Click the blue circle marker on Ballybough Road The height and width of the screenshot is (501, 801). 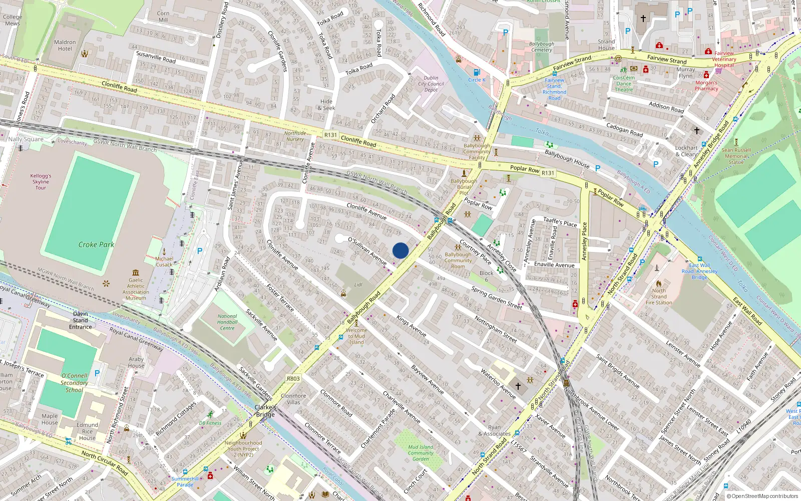[x=400, y=250]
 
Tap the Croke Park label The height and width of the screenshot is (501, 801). [x=96, y=244]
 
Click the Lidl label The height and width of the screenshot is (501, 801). [x=358, y=285]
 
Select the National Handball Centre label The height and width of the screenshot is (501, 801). [x=227, y=322]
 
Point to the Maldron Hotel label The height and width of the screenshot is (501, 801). [x=65, y=45]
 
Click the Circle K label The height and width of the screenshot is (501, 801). [x=477, y=80]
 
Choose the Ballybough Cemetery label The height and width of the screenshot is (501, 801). [x=542, y=47]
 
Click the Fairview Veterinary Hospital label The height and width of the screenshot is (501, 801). [x=724, y=59]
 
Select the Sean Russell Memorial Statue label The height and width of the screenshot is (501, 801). [x=736, y=156]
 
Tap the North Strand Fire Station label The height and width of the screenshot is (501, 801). [x=659, y=297]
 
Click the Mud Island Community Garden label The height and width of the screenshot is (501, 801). [x=421, y=453]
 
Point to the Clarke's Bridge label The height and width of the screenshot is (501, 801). [x=265, y=411]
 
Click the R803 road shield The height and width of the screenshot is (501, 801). [x=293, y=378]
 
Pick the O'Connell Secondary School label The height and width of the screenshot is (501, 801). [x=74, y=383]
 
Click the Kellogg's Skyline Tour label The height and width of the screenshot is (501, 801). [x=41, y=181]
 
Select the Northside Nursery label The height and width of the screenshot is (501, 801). [x=295, y=136]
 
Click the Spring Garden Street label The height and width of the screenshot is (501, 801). [x=496, y=297]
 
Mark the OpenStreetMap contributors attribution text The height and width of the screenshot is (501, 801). [x=762, y=496]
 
